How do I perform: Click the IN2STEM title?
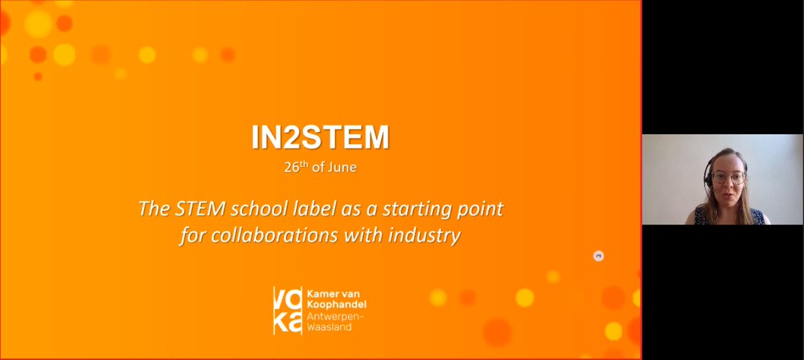click(x=320, y=137)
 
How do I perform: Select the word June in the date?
click(x=342, y=168)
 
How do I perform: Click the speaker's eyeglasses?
click(x=728, y=177)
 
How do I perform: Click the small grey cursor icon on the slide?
click(x=598, y=255)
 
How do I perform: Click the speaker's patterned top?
click(x=727, y=216)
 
